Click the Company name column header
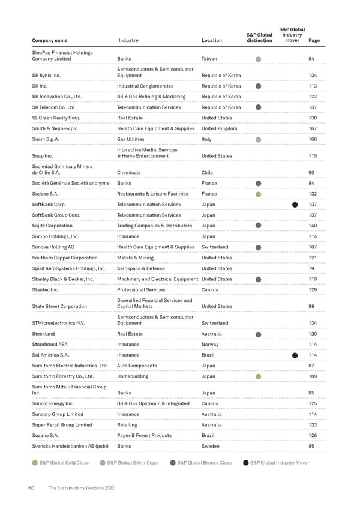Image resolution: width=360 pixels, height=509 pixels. coord(49,41)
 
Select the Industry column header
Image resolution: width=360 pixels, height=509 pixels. coord(128,41)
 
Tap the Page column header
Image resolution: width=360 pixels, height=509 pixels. coord(314,41)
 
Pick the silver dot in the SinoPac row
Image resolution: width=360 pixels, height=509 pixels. coord(258,59)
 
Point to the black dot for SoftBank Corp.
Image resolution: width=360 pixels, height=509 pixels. coord(295,205)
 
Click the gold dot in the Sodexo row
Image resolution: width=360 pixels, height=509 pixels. coord(258,194)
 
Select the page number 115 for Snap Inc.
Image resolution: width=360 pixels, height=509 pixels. coord(312,157)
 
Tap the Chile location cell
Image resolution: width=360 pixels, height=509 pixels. coord(207,173)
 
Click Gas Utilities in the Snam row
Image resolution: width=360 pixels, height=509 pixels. coord(132,139)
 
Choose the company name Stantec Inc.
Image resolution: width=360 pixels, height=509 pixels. coord(49,290)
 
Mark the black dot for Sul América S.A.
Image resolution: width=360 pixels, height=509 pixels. coord(295,355)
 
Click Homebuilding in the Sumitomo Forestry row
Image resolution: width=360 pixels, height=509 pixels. coord(133,376)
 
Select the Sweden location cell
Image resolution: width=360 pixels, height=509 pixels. coord(211,446)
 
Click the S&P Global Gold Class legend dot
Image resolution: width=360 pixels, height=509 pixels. coord(35,463)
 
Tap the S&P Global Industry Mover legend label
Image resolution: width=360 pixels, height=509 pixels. coord(279,463)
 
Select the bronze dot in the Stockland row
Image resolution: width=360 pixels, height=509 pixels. coord(258,334)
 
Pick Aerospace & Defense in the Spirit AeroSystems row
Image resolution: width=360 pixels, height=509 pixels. coord(140,268)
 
